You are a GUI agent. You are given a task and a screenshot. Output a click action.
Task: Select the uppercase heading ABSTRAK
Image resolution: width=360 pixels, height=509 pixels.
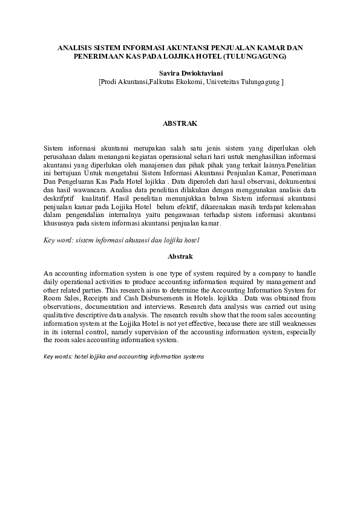click(180, 123)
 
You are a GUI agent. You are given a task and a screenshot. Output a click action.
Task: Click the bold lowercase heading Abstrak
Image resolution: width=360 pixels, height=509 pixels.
click(180, 256)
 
